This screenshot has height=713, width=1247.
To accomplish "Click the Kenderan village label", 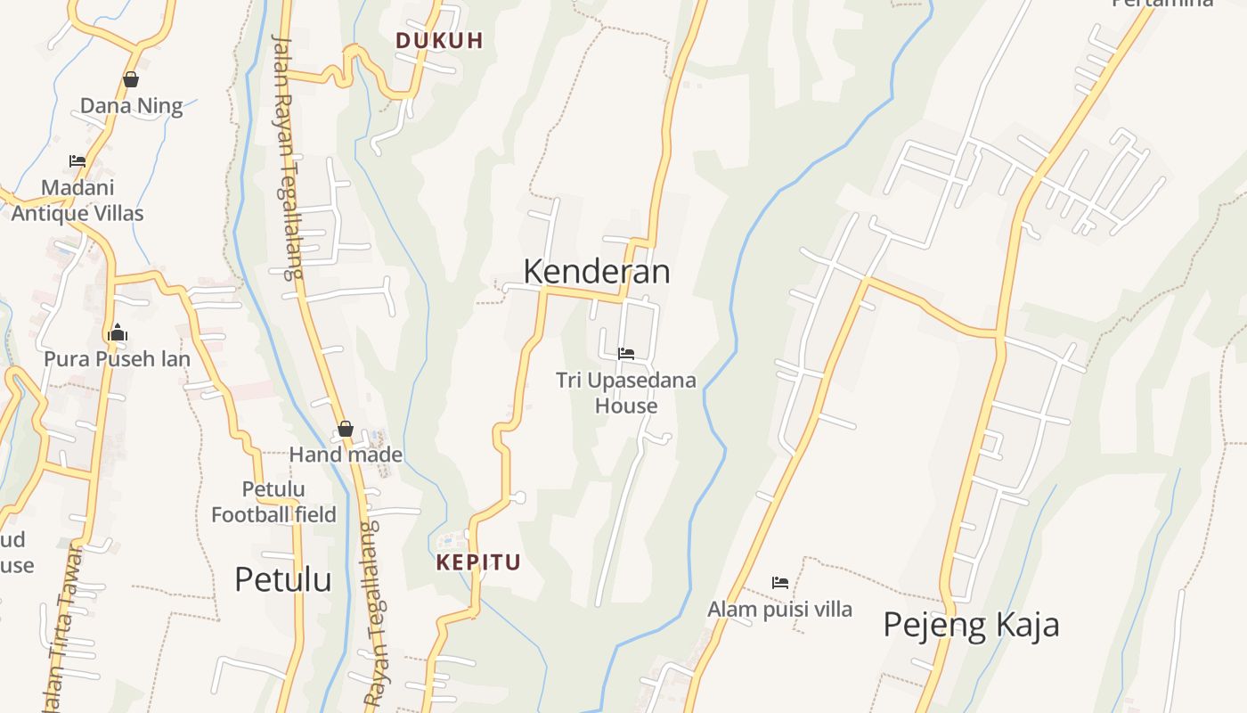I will pyautogui.click(x=596, y=271).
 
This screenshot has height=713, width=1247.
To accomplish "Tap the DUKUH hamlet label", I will pyautogui.click(x=439, y=40).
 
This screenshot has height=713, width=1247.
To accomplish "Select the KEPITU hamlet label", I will pyautogui.click(x=477, y=562).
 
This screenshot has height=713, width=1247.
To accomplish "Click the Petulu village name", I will pyautogui.click(x=282, y=579).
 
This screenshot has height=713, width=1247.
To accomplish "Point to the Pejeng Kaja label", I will pyautogui.click(x=971, y=625).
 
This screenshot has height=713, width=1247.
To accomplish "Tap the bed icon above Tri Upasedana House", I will pyautogui.click(x=626, y=354).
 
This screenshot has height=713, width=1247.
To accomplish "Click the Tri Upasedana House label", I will pyautogui.click(x=626, y=393).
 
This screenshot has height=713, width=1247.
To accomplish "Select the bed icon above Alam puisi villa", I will pyautogui.click(x=780, y=583).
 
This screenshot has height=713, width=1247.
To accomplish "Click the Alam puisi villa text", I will pyautogui.click(x=779, y=610).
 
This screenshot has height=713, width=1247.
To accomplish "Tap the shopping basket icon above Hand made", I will pyautogui.click(x=346, y=430).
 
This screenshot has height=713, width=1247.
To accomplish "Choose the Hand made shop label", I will pyautogui.click(x=346, y=455).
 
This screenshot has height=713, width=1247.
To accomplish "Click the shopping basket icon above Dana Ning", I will pyautogui.click(x=131, y=80).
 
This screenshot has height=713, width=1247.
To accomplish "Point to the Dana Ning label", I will pyautogui.click(x=131, y=107).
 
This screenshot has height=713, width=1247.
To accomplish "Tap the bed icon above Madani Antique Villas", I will pyautogui.click(x=77, y=161).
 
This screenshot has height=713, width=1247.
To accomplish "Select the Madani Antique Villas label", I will pyautogui.click(x=77, y=201).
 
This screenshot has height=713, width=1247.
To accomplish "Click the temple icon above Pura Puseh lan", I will pyautogui.click(x=117, y=334).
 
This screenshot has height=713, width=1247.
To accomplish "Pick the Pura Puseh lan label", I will pyautogui.click(x=117, y=359).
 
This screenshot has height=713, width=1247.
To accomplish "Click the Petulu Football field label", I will pyautogui.click(x=273, y=502).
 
